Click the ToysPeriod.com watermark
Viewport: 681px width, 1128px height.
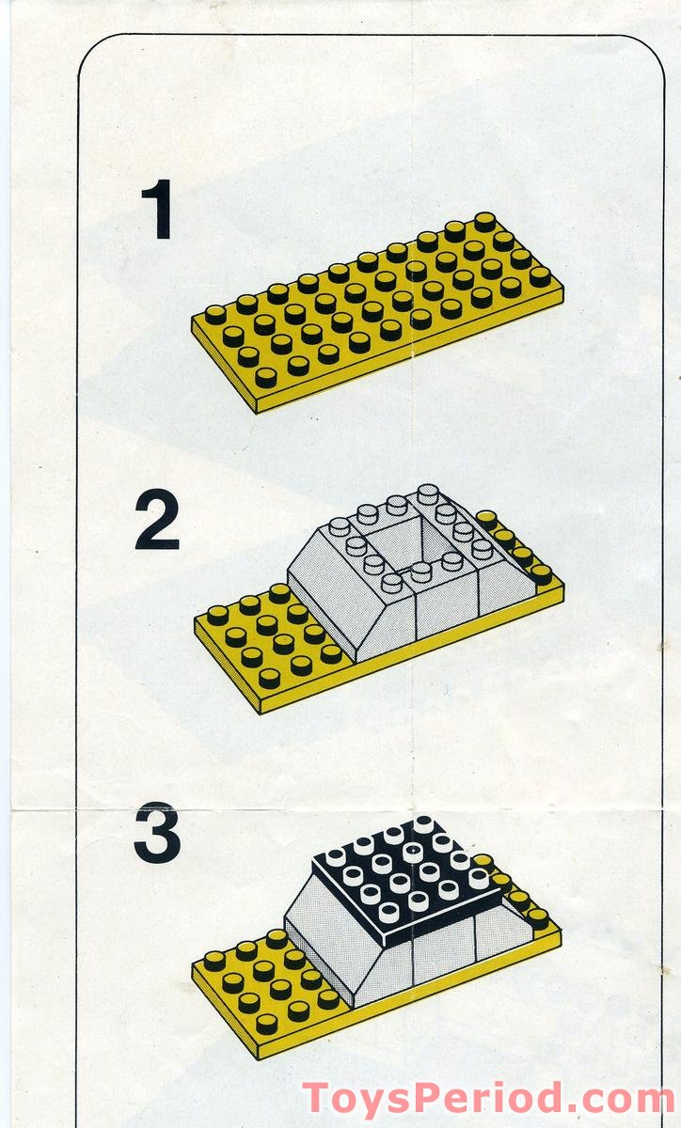[487, 1098]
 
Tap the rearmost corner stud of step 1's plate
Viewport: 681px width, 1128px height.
[485, 221]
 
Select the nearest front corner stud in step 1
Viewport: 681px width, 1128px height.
[266, 376]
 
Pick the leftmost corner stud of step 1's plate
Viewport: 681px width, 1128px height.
[215, 314]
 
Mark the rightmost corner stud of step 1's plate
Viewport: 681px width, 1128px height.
[540, 276]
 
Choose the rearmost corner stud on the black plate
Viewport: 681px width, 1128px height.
[424, 824]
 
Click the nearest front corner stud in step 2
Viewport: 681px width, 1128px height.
[269, 677]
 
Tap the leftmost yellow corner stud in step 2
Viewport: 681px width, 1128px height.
[217, 615]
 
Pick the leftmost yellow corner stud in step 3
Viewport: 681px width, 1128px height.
[214, 960]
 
